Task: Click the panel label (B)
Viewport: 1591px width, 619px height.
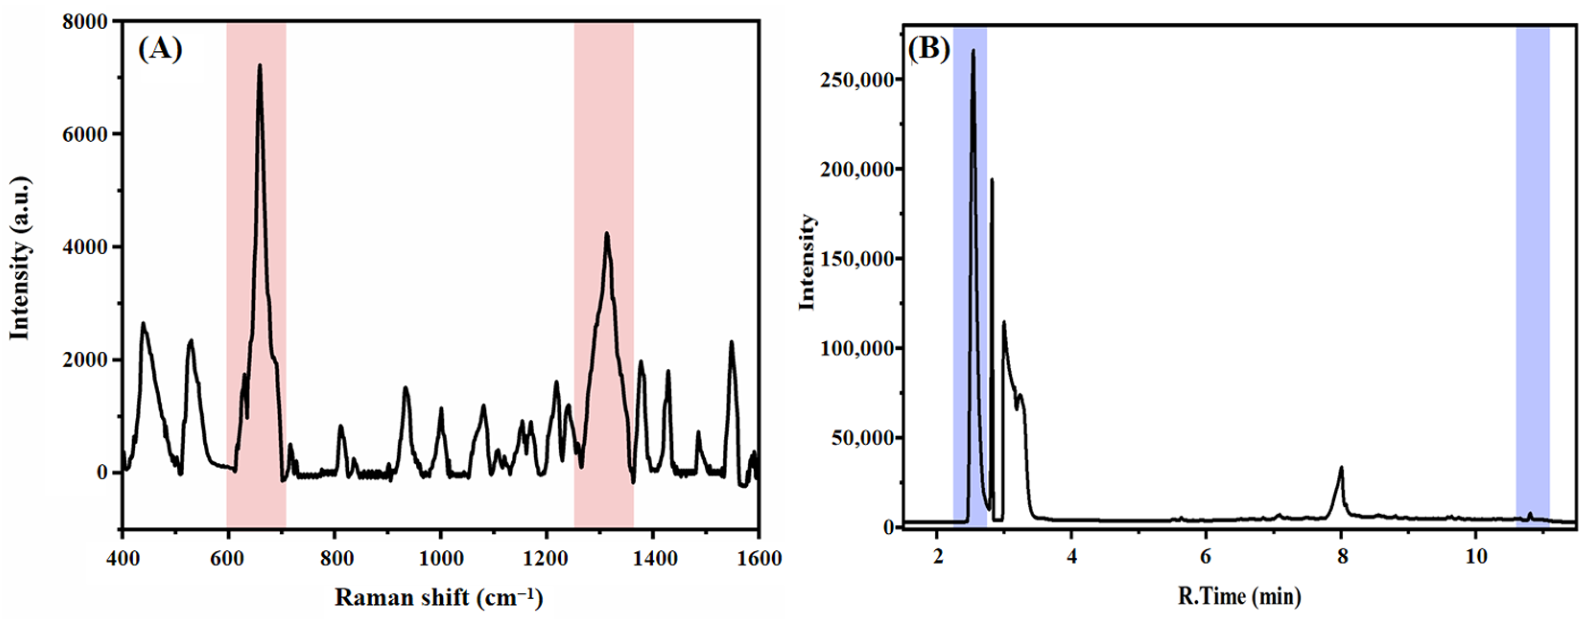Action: [928, 48]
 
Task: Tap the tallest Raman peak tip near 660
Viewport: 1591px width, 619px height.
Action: [259, 66]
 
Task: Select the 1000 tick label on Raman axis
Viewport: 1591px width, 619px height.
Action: [440, 559]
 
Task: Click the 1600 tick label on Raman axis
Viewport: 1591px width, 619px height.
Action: [758, 559]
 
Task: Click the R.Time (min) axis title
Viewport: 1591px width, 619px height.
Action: [1239, 596]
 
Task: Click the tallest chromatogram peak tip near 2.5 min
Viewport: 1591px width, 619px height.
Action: [973, 51]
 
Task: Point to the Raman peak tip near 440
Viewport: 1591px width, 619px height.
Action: [143, 323]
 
